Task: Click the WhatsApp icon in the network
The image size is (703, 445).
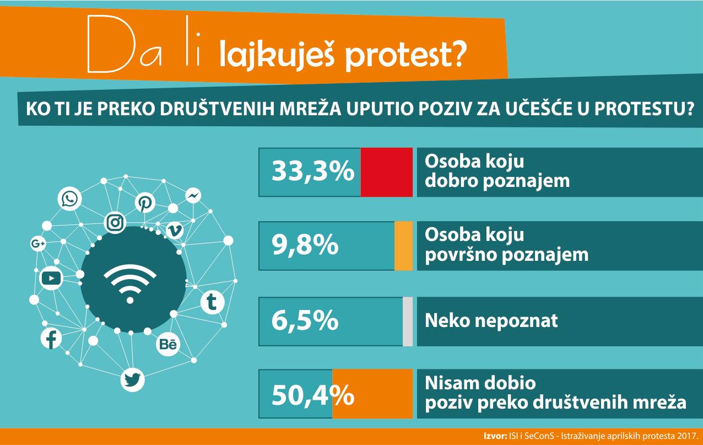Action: pos(70,199)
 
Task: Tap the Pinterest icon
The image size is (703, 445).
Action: pos(145,203)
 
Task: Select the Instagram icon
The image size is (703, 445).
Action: pos(115,222)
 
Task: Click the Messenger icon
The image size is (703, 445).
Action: pos(192,196)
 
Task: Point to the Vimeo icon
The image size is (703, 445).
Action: pos(175,230)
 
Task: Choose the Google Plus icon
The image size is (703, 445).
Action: pos(38,244)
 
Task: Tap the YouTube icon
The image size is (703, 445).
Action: pos(51,278)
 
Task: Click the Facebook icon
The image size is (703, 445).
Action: pos(52,339)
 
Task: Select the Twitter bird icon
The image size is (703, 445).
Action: pos(132,380)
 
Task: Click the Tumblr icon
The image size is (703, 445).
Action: pos(210,302)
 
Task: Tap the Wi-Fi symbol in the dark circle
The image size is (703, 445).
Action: pos(130,283)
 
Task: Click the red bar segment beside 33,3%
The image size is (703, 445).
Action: pos(387,172)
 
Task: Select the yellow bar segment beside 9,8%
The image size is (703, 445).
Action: pos(403,246)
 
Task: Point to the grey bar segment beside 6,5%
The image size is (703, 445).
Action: pos(408,321)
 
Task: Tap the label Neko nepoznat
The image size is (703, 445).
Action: pos(491,320)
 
